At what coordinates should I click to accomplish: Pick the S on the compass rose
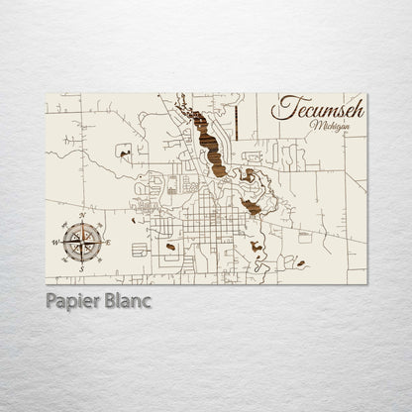pyautogui.click(x=78, y=267)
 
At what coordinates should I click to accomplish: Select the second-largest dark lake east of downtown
pyautogui.click(x=253, y=205)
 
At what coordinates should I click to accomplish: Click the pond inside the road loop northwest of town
pyautogui.click(x=123, y=152)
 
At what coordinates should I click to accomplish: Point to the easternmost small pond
pyautogui.click(x=297, y=262)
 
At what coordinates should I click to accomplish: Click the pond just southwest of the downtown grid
pyautogui.click(x=172, y=246)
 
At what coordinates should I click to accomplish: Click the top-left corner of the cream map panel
pyautogui.click(x=48, y=94)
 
